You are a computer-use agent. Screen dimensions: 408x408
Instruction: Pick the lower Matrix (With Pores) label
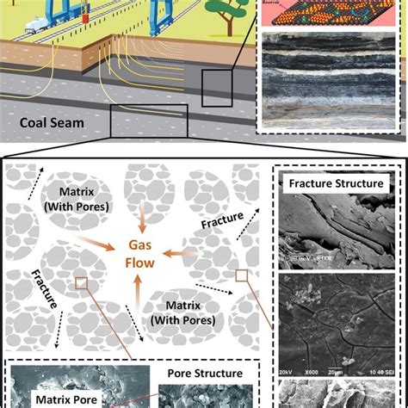(x=186, y=313)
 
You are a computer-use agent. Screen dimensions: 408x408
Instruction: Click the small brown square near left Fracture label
(x=79, y=281)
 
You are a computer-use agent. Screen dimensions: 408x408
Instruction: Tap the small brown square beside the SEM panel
(x=242, y=276)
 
